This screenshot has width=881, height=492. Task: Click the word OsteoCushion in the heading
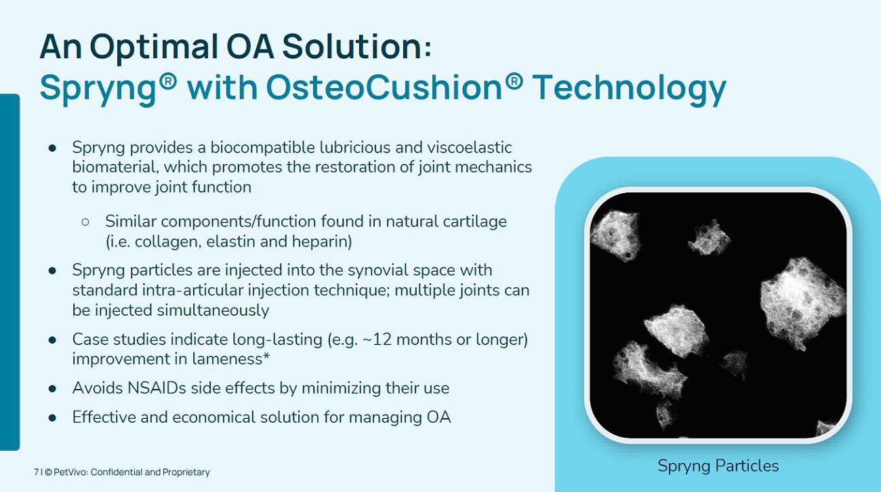click(384, 87)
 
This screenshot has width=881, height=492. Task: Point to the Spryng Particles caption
click(718, 466)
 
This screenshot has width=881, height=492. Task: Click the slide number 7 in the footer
click(36, 472)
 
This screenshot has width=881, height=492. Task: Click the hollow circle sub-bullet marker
click(85, 222)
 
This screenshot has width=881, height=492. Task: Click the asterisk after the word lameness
click(266, 356)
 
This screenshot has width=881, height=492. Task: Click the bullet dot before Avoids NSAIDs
click(52, 389)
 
